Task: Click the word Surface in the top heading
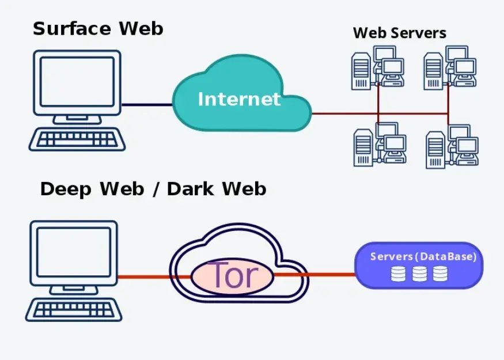[x=72, y=28]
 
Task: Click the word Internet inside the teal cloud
[x=239, y=99]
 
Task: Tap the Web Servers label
[x=400, y=33]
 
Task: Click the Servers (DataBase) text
[x=423, y=256]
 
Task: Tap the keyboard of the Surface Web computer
[x=77, y=139]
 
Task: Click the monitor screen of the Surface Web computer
[x=77, y=81]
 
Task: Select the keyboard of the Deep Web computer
[x=74, y=309]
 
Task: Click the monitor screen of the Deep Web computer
[x=74, y=252]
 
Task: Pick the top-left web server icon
[x=378, y=68]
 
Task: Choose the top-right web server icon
[x=450, y=68]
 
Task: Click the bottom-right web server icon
[x=452, y=146]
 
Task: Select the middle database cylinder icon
[x=419, y=274]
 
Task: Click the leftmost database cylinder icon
[x=398, y=274]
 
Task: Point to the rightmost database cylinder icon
[x=441, y=274]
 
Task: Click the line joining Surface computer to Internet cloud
[x=147, y=104]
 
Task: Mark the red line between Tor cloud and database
[x=315, y=275]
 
